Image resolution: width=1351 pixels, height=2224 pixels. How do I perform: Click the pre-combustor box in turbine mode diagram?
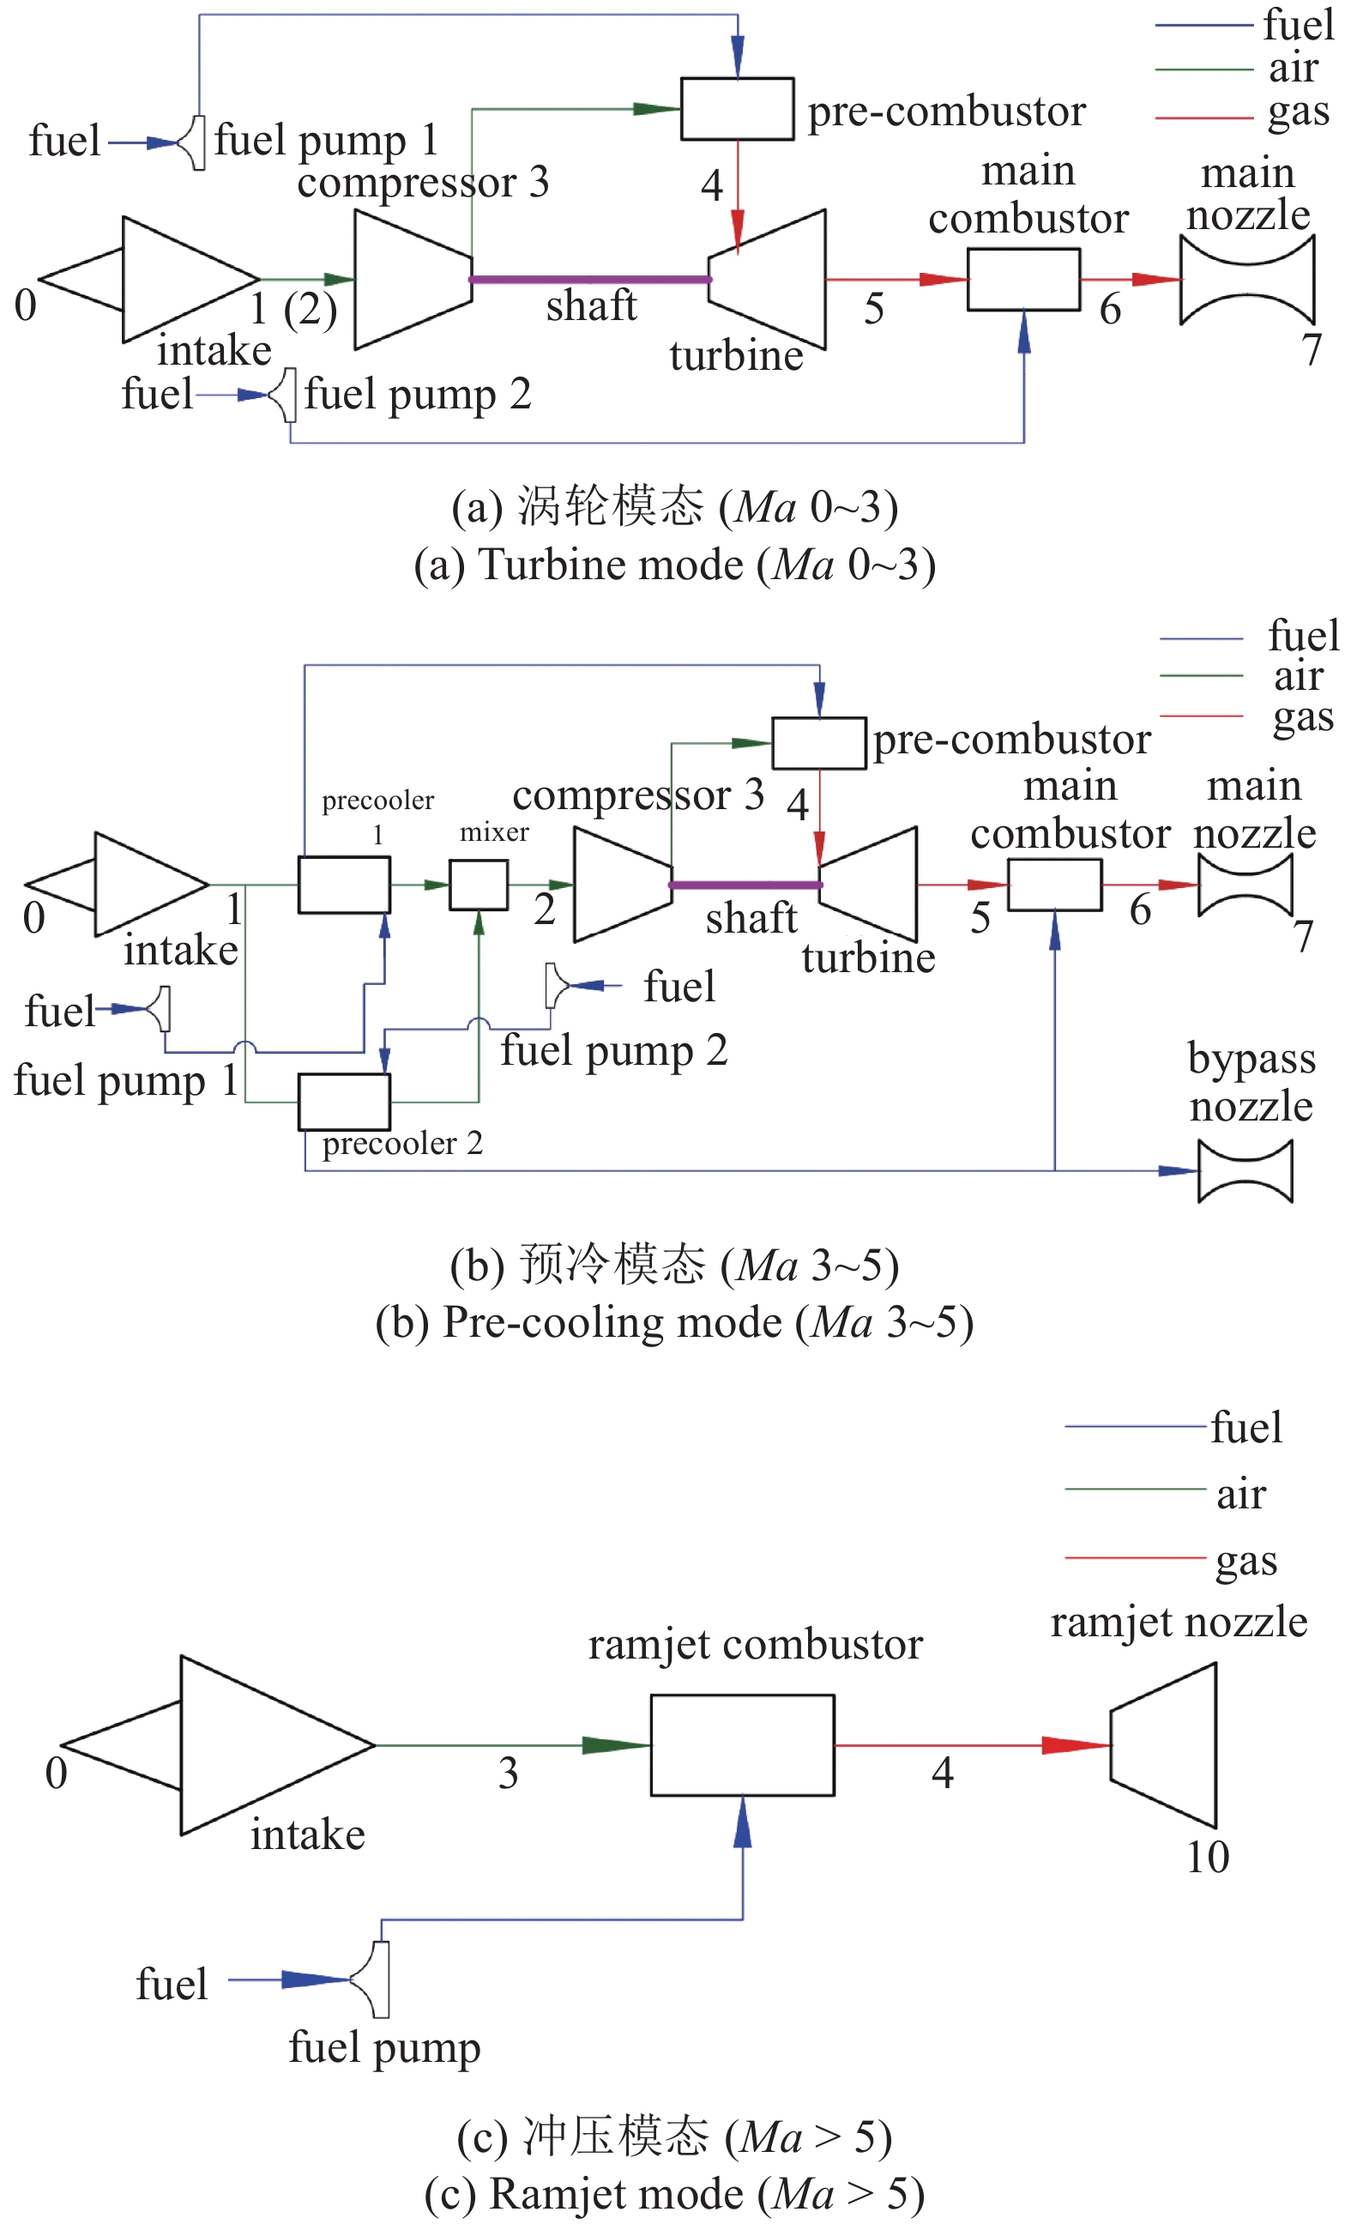pyautogui.click(x=737, y=108)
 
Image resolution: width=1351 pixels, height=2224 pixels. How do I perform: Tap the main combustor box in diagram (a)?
pyautogui.click(x=1022, y=280)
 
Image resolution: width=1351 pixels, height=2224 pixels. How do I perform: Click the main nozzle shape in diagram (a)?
pyautogui.click(x=1246, y=280)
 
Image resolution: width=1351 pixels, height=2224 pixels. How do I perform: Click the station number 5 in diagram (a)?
pyautogui.click(x=872, y=310)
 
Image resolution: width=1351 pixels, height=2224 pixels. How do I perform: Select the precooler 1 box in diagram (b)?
pyautogui.click(x=344, y=885)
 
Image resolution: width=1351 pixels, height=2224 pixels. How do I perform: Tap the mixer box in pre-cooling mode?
pyautogui.click(x=479, y=885)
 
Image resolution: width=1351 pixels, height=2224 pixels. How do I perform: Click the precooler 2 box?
pyautogui.click(x=344, y=1101)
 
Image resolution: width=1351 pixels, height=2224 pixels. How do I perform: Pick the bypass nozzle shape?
pyautogui.click(x=1245, y=1170)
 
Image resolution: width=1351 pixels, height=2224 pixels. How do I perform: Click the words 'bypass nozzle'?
pyautogui.click(x=1250, y=1082)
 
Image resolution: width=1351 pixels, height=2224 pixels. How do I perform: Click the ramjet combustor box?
pyautogui.click(x=742, y=1744)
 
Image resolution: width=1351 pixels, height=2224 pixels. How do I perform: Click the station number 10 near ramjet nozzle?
pyautogui.click(x=1207, y=1858)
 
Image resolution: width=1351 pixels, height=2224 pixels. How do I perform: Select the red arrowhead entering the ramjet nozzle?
pyautogui.click(x=1074, y=1744)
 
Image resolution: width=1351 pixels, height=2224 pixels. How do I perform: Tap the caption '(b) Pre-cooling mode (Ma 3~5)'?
pyautogui.click(x=674, y=1322)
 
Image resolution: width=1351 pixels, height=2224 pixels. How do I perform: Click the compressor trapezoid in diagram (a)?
pyautogui.click(x=411, y=280)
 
